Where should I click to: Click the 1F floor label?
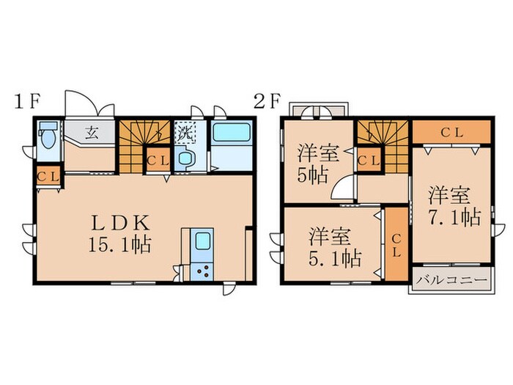point(27,101)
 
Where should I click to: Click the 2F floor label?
point(267,101)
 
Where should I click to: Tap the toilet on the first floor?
point(48,135)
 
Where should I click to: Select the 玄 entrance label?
point(92,133)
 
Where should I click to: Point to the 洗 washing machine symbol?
point(185,132)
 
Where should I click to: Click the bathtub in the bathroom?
point(232,131)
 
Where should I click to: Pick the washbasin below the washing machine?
point(185,158)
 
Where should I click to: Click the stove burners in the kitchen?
point(202,271)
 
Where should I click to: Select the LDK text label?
point(120,223)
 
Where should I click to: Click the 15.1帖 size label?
point(119,245)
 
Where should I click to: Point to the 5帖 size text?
point(312,176)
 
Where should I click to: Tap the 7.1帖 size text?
point(455,217)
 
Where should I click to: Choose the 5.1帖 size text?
point(335,259)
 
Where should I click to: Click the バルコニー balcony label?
point(452,281)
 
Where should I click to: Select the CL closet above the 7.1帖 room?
point(451,132)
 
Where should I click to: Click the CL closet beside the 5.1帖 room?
point(396,244)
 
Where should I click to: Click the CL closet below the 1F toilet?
point(48,176)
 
